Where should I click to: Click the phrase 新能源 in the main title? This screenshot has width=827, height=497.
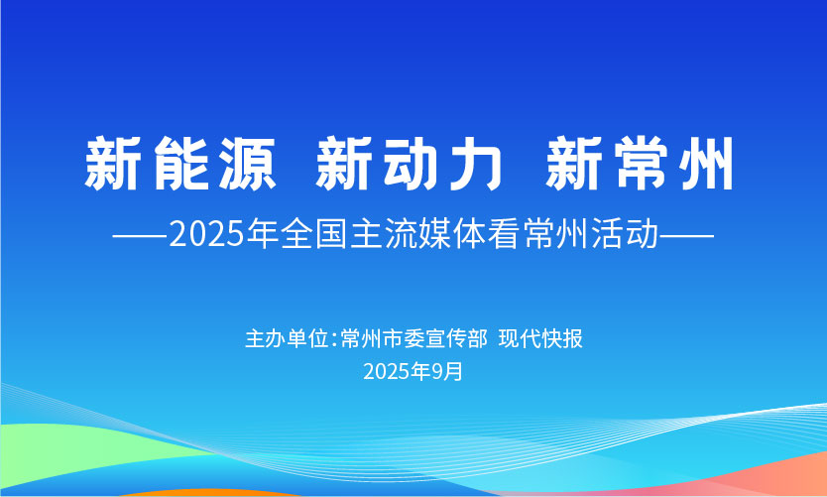(180, 164)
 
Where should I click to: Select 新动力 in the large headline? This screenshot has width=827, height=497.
(410, 164)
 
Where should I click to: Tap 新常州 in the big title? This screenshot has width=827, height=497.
(640, 164)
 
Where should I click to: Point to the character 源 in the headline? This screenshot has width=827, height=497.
(248, 164)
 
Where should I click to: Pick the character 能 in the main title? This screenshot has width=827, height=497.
(181, 164)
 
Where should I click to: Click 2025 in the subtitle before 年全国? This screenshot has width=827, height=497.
(207, 234)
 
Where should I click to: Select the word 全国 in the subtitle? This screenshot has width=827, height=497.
(313, 234)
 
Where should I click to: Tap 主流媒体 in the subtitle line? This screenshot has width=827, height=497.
(417, 234)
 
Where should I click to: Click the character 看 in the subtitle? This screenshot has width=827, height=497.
(504, 234)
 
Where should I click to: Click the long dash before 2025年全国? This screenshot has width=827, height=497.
(140, 235)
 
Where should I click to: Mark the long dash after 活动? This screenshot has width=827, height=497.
(687, 235)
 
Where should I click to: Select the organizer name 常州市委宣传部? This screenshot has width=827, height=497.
(414, 338)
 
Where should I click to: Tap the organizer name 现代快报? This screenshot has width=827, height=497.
(540, 338)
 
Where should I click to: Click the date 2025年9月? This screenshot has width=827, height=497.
(413, 371)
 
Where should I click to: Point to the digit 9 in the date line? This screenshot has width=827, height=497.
(436, 372)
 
